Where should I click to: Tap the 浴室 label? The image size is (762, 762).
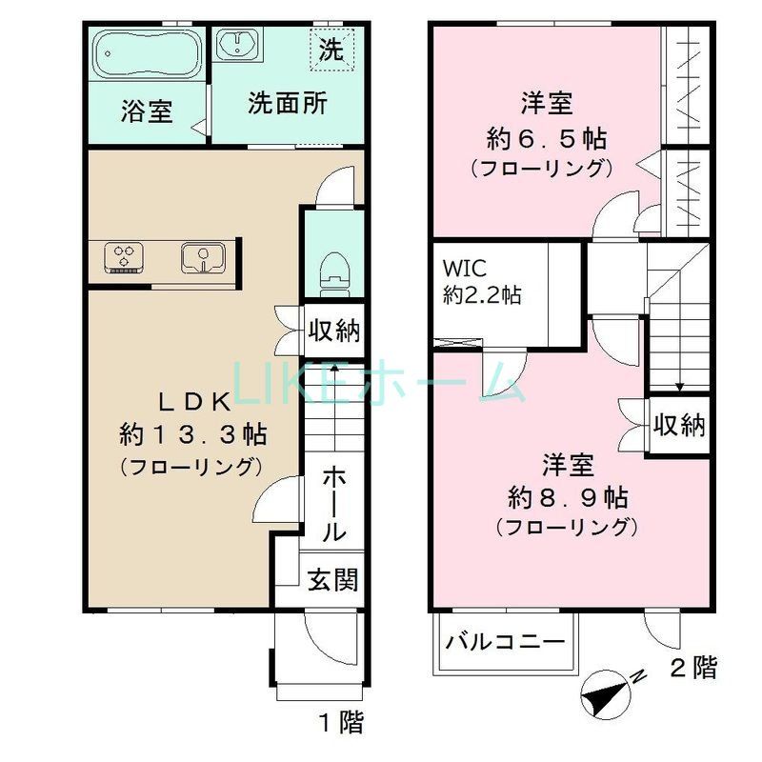147,110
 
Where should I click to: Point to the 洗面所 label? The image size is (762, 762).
287,103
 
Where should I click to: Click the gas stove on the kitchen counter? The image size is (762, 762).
125,257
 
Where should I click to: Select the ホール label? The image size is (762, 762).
332,504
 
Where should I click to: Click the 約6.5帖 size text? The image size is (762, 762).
546,139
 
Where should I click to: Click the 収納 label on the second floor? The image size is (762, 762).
680,425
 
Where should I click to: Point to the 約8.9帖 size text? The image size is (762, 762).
568,496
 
